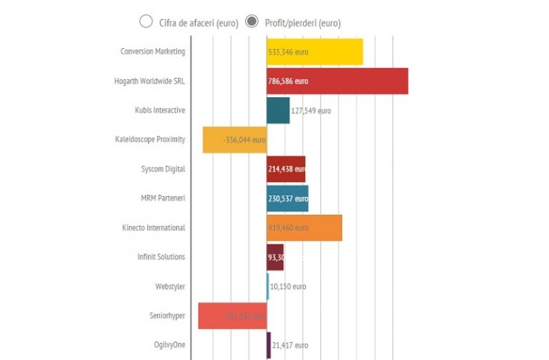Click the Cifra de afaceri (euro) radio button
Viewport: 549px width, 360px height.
coord(146,21)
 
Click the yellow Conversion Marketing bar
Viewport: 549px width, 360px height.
coord(315,52)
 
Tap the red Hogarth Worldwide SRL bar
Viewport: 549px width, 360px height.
coord(337,81)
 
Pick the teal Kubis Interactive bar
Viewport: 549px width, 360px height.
coord(278,110)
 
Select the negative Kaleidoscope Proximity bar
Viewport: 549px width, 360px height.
coord(234,139)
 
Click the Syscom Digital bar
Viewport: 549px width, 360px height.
coord(285,169)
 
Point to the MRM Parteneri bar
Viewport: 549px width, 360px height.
coord(287,198)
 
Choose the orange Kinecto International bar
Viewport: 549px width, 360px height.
coord(305,227)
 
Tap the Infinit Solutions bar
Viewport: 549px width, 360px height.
coord(275,257)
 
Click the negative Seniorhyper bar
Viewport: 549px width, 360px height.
coord(232,316)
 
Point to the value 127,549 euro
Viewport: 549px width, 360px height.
coord(311,110)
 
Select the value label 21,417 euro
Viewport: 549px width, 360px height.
coord(290,345)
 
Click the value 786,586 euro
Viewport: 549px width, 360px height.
coord(290,81)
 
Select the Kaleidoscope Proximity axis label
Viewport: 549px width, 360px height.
coord(150,139)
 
